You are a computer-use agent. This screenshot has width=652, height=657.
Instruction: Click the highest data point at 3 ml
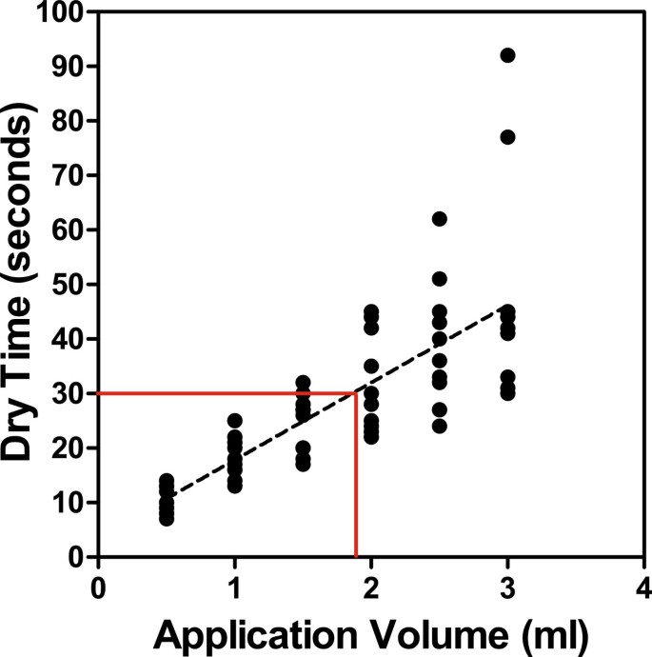tap(507, 55)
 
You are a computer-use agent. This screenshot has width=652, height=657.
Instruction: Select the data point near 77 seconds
tap(507, 137)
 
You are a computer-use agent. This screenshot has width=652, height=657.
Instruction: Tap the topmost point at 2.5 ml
tap(439, 219)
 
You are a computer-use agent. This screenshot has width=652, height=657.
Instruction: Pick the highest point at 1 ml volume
tap(235, 420)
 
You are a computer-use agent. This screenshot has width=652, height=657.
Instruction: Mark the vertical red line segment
tap(356, 476)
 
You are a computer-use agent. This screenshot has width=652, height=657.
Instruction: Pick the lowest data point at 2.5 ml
tap(439, 426)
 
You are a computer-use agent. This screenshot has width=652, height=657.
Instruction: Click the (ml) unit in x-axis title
tap(551, 632)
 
